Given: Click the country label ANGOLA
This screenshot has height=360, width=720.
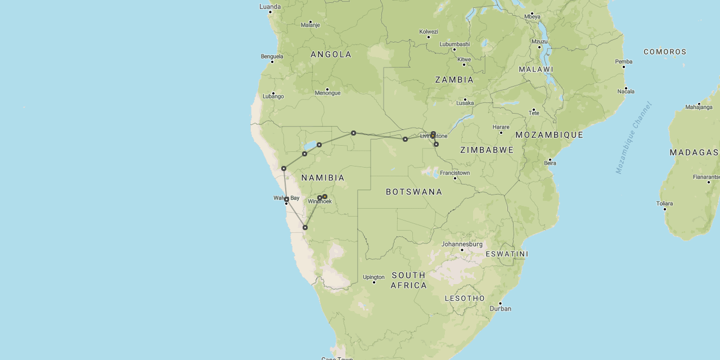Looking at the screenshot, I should click(331, 55).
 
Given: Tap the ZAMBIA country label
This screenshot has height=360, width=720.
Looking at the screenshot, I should click(454, 80).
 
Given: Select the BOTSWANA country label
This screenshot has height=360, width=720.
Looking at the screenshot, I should click(414, 192).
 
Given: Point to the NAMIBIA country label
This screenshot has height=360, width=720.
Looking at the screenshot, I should click(323, 178).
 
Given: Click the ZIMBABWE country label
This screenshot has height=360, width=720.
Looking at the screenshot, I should click(487, 150).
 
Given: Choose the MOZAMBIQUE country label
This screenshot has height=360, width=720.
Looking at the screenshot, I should click(549, 135).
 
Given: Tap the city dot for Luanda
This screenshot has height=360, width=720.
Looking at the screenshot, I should click(271, 12).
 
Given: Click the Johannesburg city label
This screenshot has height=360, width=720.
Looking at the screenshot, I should click(462, 244).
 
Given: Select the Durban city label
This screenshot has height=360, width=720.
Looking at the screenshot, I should click(500, 308).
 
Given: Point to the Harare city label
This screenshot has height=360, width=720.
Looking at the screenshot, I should click(501, 127).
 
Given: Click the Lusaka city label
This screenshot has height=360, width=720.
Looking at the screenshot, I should click(465, 103).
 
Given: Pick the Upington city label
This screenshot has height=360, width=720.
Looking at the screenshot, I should click(373, 277).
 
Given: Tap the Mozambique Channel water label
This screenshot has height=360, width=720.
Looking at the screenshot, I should click(633, 138).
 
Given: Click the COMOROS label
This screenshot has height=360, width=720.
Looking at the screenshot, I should click(665, 52).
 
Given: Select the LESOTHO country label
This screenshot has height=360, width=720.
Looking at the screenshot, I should click(465, 298).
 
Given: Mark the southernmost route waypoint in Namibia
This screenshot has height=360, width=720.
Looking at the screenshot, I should click(305, 227).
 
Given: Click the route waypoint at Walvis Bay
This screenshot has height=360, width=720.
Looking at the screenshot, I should click(286, 199).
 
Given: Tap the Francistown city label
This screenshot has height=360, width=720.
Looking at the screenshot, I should click(454, 173).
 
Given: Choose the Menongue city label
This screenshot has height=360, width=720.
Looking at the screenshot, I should click(327, 93).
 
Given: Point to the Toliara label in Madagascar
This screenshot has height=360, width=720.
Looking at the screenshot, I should click(664, 204).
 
